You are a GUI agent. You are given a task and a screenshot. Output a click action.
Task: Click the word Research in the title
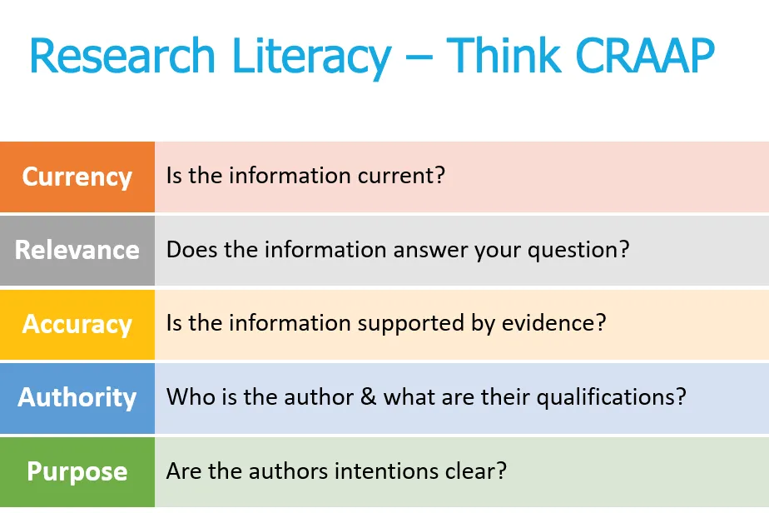[x=122, y=56]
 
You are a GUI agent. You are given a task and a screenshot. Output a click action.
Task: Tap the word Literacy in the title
[x=311, y=58]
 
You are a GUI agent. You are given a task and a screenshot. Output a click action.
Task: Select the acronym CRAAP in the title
[x=645, y=56]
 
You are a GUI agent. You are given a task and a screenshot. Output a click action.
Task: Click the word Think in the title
[x=504, y=56]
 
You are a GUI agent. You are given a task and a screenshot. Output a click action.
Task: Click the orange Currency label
[x=77, y=177]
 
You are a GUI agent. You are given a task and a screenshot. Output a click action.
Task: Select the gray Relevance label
[x=77, y=250]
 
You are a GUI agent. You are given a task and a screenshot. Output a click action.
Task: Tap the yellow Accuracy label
[x=77, y=325]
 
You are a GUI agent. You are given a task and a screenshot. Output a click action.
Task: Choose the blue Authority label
[x=77, y=397]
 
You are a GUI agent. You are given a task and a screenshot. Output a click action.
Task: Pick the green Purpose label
[x=77, y=471]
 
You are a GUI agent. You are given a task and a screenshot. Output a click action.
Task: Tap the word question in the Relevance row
[x=578, y=251]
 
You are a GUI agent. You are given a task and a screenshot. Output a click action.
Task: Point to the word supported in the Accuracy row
[x=410, y=324]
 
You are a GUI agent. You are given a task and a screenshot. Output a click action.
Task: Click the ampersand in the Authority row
[x=369, y=396]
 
